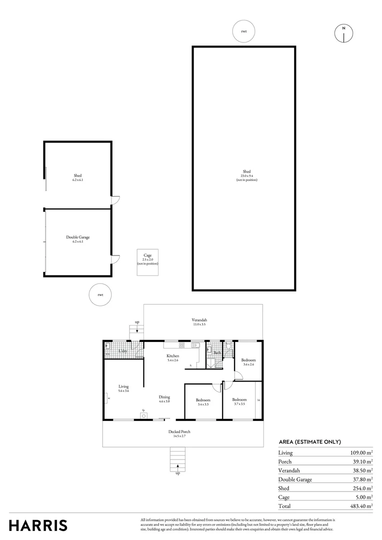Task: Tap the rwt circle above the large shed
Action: pyautogui.click(x=244, y=31)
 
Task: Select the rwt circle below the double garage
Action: pyautogui.click(x=100, y=294)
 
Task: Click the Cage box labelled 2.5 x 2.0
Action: pyautogui.click(x=147, y=262)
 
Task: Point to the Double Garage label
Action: pyautogui.click(x=78, y=237)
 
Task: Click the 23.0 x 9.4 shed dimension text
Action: pyautogui.click(x=246, y=175)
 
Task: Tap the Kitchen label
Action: pyautogui.click(x=173, y=356)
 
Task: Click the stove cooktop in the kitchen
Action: pyautogui.click(x=181, y=345)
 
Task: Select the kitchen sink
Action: pyautogui.click(x=196, y=345)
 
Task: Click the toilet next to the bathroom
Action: pyautogui.click(x=228, y=345)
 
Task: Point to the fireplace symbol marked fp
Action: pyautogui.click(x=144, y=414)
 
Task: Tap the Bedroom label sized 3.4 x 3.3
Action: pyautogui.click(x=202, y=400)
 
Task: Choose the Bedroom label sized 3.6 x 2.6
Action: pyautogui.click(x=248, y=360)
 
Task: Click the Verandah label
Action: pyautogui.click(x=199, y=320)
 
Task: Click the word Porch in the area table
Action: pyautogui.click(x=285, y=461)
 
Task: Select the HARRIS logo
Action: pyautogui.click(x=38, y=525)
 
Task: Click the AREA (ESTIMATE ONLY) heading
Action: pyautogui.click(x=309, y=441)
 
